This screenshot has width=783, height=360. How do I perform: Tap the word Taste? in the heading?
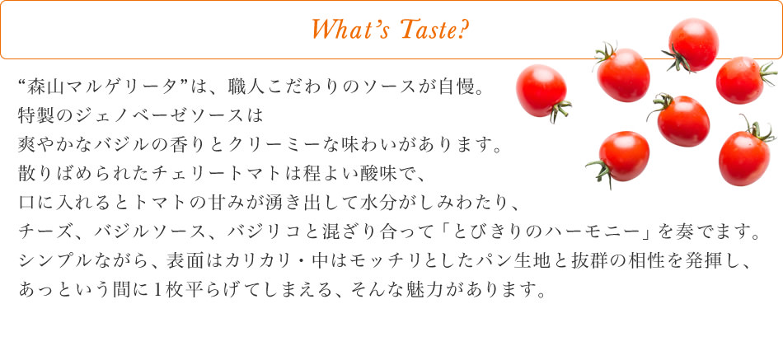pos(434,30)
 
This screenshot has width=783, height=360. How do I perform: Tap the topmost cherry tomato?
pos(692,44)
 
